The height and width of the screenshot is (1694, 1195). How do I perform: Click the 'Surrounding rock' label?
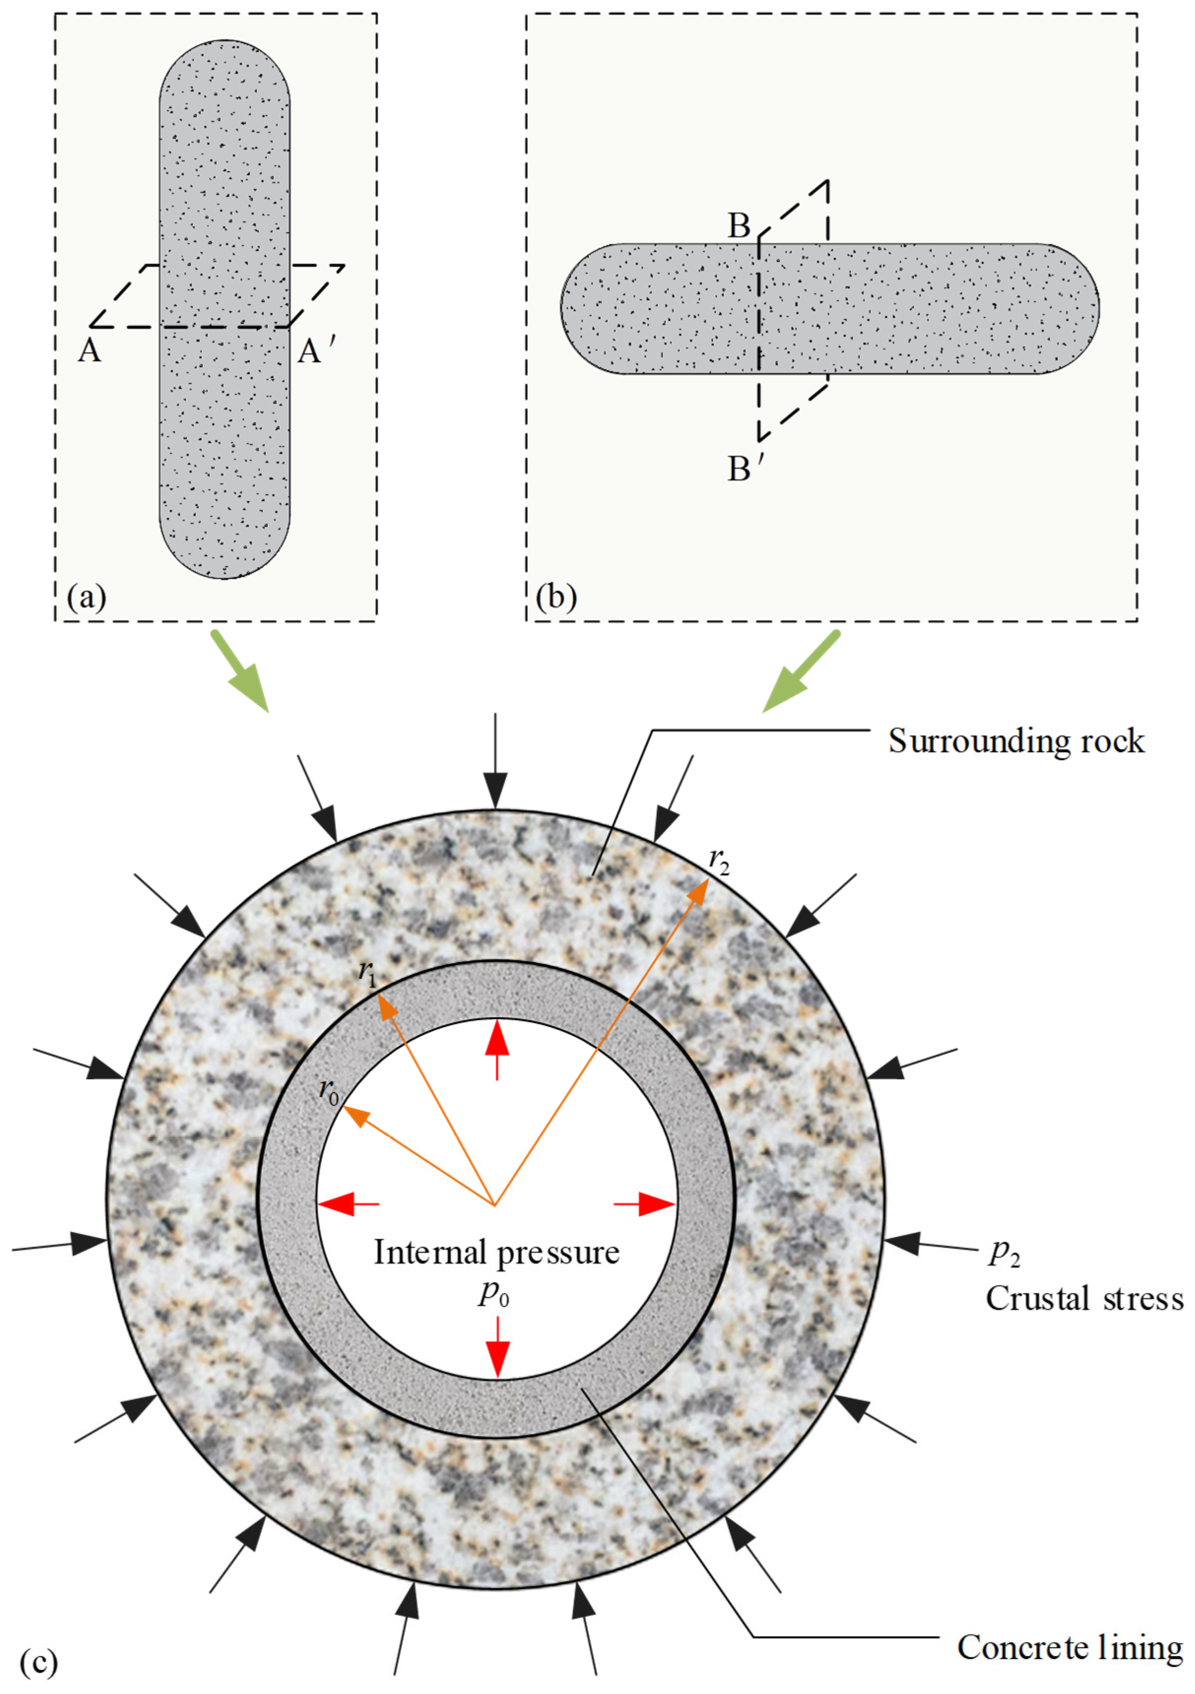coord(1016,741)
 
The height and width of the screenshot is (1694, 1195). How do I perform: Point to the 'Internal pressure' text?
coord(496,1253)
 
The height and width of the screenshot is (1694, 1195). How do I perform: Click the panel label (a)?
coord(86,596)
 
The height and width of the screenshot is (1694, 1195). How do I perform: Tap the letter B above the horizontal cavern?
coord(739,226)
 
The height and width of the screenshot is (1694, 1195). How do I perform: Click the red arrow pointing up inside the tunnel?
coord(498,1048)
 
